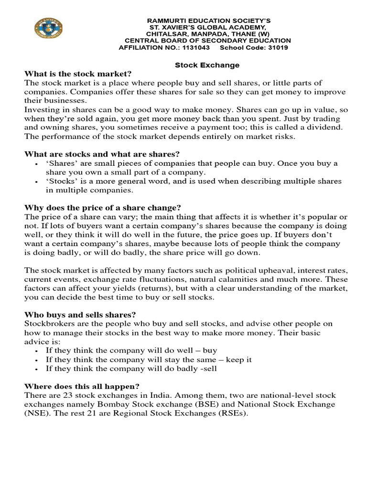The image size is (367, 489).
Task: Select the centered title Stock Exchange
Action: pyautogui.click(x=207, y=65)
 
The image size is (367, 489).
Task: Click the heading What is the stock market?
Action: pyautogui.click(x=77, y=74)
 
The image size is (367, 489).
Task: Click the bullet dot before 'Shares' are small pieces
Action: pyautogui.click(x=37, y=164)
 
